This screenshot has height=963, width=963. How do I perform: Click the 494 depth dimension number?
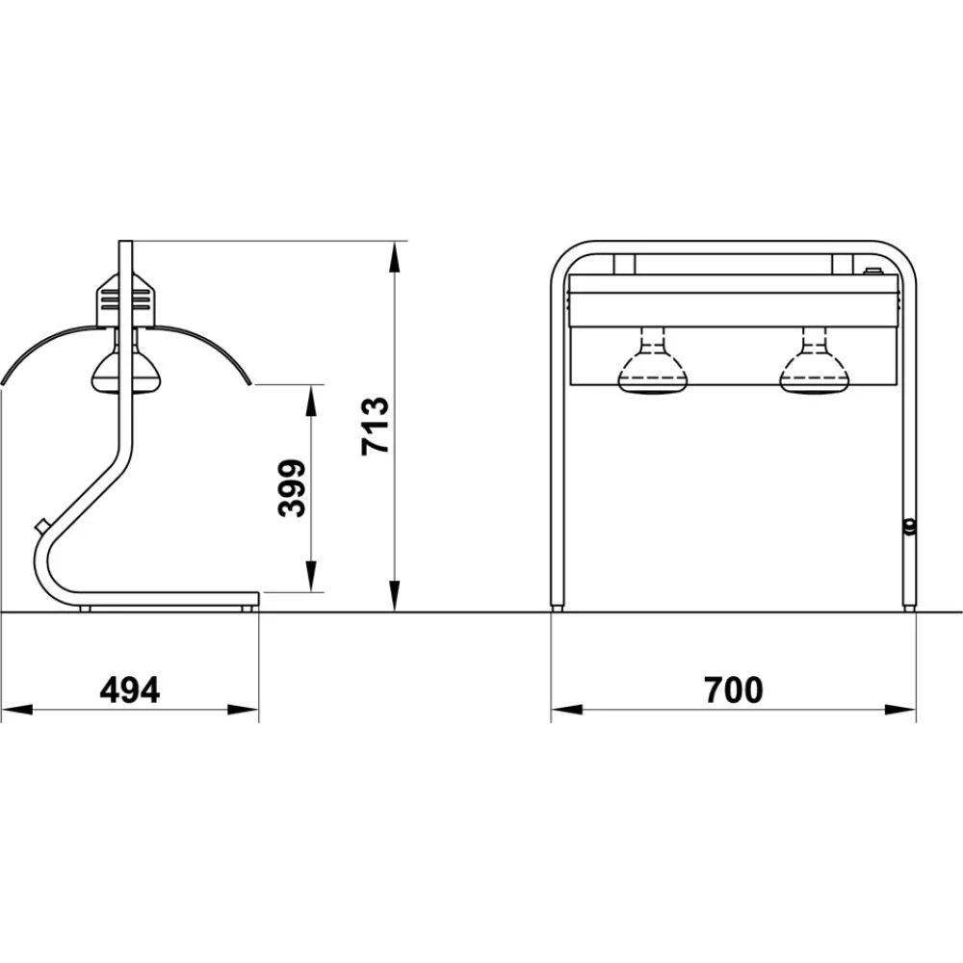pyautogui.click(x=130, y=690)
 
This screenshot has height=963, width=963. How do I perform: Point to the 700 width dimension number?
pyautogui.click(x=733, y=690)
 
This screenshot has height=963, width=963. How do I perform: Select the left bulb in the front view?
pyautogui.click(x=653, y=367)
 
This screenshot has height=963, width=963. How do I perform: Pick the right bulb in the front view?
pyautogui.click(x=814, y=367)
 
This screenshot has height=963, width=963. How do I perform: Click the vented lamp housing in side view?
pyautogui.click(x=124, y=300)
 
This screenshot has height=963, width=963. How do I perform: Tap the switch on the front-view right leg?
pyautogui.click(x=908, y=526)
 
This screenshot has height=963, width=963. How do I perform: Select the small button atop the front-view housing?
pyautogui.click(x=872, y=272)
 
